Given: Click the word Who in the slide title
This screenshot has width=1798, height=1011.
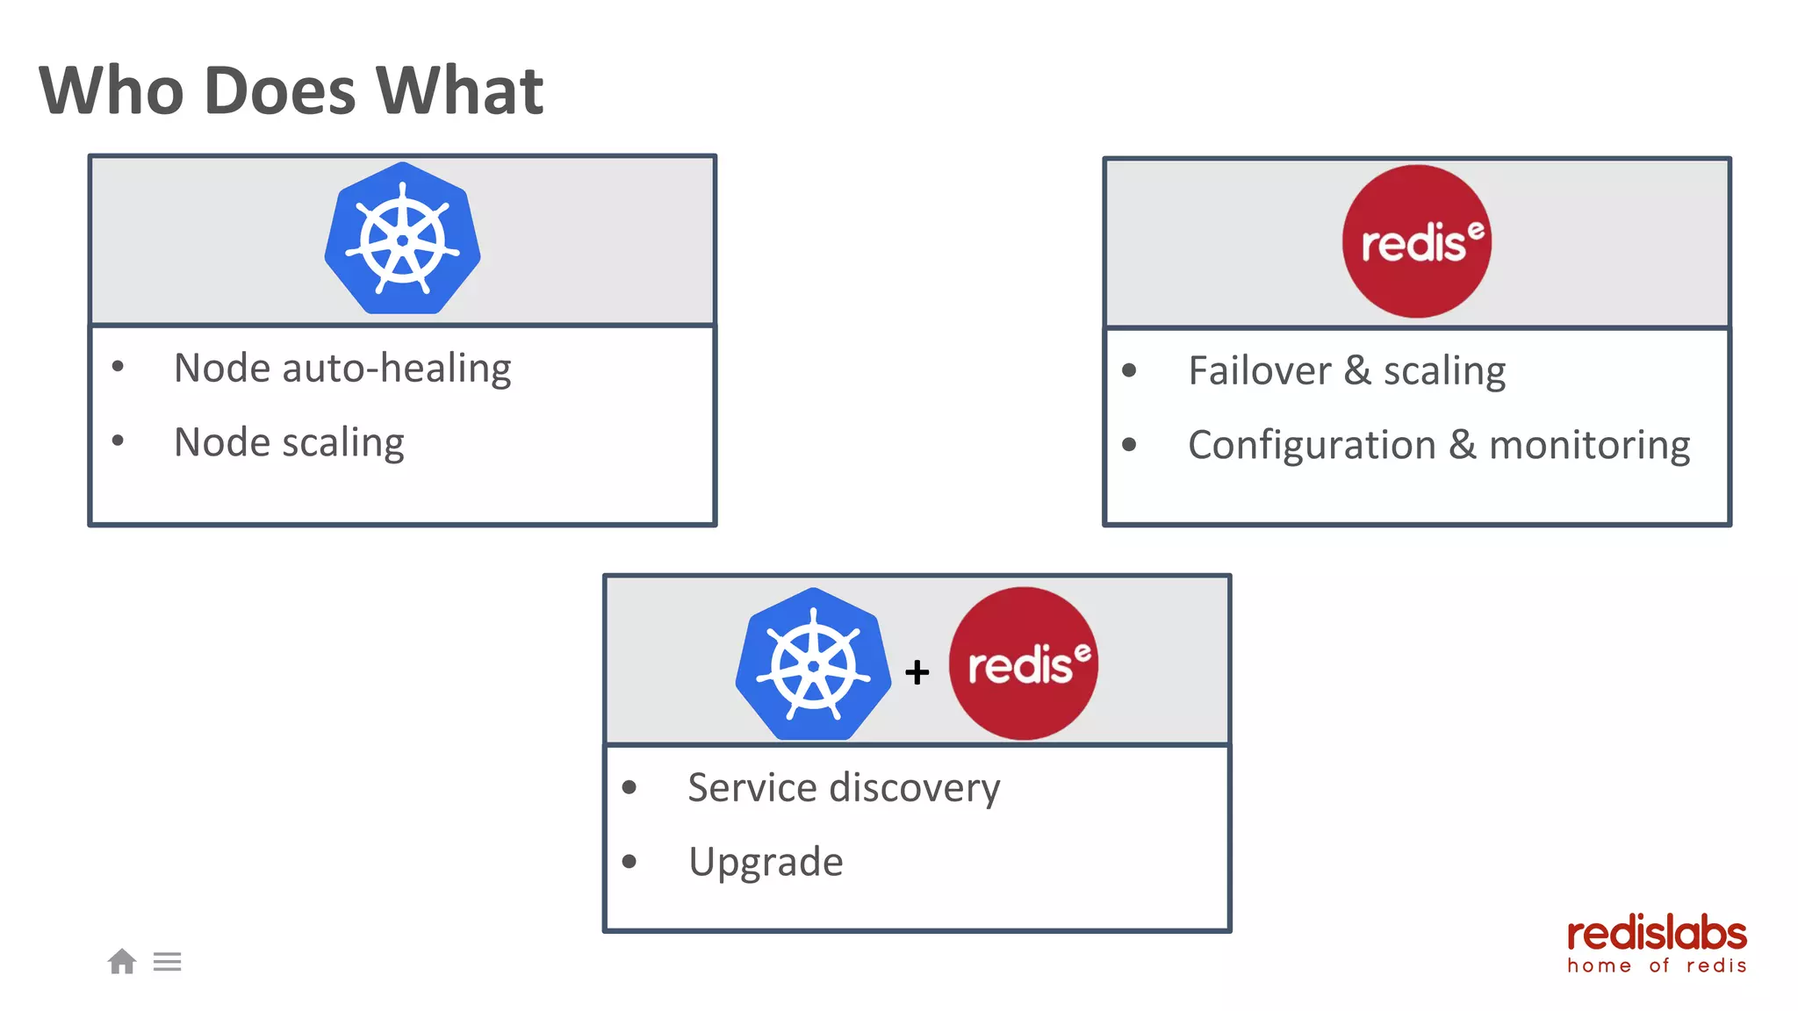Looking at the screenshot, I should coord(111,90).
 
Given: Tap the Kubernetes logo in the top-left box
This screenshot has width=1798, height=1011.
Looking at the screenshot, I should coord(402,239).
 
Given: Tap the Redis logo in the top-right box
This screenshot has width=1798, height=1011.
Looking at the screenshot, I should coord(1416,241).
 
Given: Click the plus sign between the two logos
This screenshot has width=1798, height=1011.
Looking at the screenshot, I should coord(917,672).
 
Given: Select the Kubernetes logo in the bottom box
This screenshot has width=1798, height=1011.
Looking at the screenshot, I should coord(813,664).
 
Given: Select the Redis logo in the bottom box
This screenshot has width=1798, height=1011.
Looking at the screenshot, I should coord(1023,663).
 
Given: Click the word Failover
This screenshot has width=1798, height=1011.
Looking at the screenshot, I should coord(1259,370).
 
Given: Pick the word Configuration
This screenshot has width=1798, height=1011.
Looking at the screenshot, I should coord(1312,445).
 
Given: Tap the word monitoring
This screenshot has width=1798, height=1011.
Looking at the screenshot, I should coord(1589,445).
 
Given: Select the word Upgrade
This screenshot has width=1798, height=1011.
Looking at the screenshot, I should coord(766,862).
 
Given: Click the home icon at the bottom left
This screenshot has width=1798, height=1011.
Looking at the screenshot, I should coord(122,962).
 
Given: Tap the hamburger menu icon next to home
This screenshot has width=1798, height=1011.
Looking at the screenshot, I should coord(167,962).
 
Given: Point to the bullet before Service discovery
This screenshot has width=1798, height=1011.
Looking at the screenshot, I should coord(629,787).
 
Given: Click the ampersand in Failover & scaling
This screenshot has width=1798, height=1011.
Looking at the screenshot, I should coord(1357,370).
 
